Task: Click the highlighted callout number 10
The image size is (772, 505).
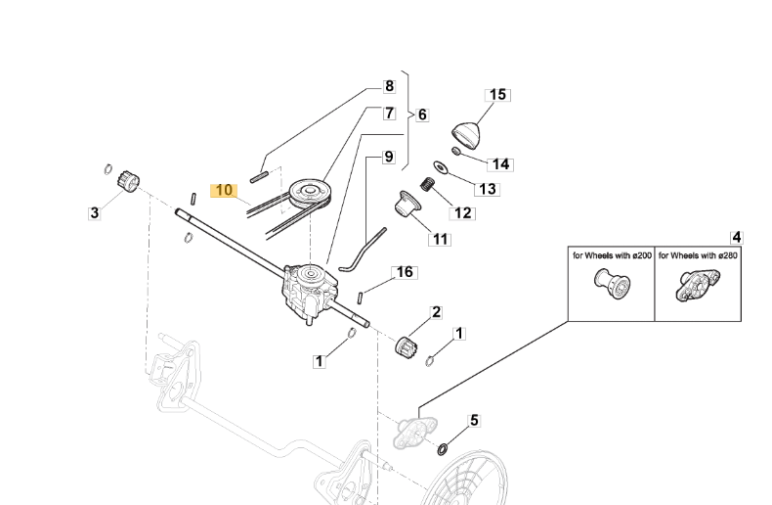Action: click(x=224, y=189)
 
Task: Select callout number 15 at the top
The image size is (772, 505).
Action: click(x=497, y=95)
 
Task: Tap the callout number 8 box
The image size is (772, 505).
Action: click(x=388, y=85)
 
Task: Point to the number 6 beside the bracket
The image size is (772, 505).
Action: click(x=421, y=115)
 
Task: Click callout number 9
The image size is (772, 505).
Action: click(x=388, y=156)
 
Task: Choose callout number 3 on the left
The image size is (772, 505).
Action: click(x=94, y=211)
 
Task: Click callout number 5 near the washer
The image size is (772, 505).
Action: click(x=475, y=421)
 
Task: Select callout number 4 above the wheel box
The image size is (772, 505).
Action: click(x=736, y=237)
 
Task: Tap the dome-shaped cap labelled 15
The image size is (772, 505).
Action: click(x=469, y=131)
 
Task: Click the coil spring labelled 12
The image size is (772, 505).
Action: click(x=427, y=184)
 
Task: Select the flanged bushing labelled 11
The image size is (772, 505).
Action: click(x=405, y=207)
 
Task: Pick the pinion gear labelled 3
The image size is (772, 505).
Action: click(x=124, y=182)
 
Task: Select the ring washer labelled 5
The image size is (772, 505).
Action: click(x=444, y=449)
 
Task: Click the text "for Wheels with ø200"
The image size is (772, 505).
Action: click(x=611, y=255)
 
